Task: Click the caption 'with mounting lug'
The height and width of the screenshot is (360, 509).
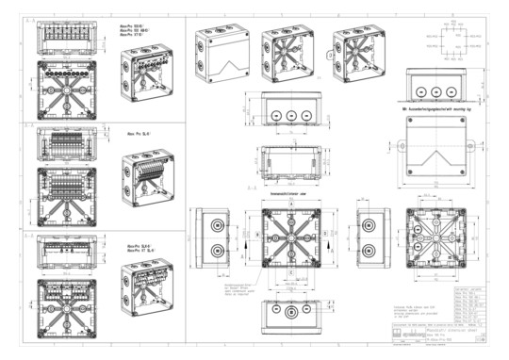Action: (x=441, y=110)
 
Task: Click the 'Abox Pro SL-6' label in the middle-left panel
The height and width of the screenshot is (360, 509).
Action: (x=140, y=134)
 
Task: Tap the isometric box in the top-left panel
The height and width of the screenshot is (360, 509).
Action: (x=149, y=78)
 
